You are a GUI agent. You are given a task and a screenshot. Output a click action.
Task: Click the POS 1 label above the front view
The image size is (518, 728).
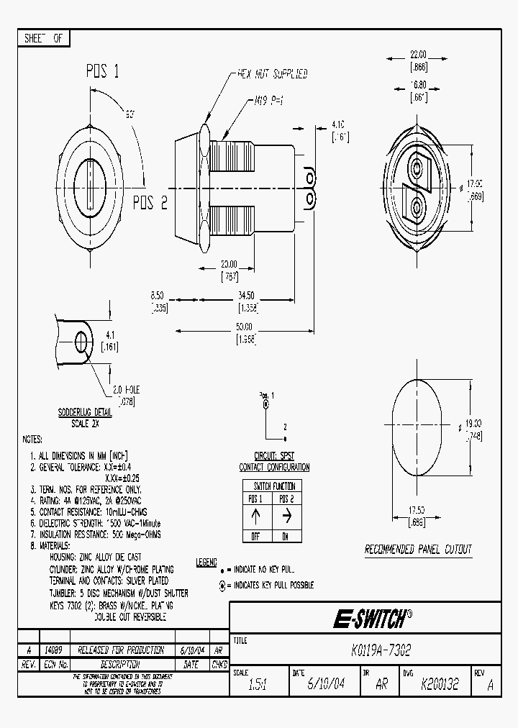pos(103,71)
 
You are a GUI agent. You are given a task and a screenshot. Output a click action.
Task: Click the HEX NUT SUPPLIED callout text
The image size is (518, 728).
pos(273,74)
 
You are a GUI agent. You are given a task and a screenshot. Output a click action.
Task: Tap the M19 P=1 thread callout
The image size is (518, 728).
pos(268,101)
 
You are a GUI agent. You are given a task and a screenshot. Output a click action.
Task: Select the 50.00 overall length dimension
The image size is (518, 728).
pos(244,326)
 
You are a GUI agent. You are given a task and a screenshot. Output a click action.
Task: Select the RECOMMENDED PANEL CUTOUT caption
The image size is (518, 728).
pos(418,550)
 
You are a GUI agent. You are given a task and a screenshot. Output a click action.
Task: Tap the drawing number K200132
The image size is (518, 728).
pos(440,685)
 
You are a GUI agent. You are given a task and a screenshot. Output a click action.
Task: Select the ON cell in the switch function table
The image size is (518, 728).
pos(286,537)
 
